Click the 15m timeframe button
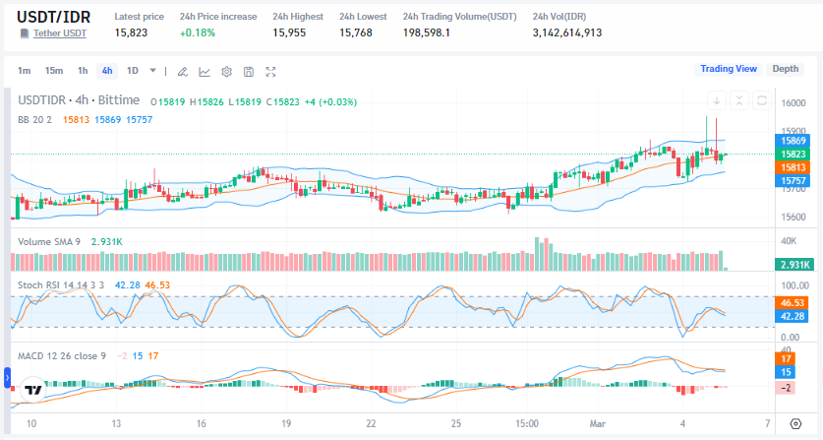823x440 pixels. (54, 71)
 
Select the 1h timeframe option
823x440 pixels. (83, 71)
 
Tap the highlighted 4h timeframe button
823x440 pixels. (106, 71)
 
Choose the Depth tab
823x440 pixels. (785, 69)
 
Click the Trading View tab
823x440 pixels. (728, 69)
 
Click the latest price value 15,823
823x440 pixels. (131, 32)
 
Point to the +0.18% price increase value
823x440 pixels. (198, 32)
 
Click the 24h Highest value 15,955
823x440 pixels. (289, 32)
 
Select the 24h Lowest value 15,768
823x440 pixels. (356, 32)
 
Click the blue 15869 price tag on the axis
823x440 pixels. (794, 141)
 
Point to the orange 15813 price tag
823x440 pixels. (794, 167)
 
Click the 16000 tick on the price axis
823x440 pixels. (794, 103)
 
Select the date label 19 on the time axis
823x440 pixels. (285, 423)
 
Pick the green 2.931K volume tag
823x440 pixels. (794, 265)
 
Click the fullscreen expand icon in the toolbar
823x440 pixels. (270, 71)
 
